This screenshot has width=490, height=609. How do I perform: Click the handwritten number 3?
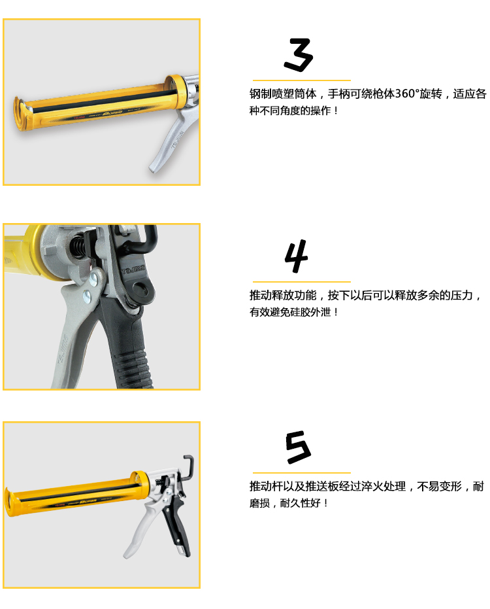click(299, 55)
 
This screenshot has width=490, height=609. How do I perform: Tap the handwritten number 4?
click(297, 256)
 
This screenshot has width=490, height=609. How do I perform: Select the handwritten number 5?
click(298, 447)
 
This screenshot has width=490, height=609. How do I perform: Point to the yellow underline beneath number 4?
click(301, 281)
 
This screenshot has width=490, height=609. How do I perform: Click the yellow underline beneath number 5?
click(301, 473)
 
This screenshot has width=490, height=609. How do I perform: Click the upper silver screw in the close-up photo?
click(93, 279)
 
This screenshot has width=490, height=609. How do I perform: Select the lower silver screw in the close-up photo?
click(88, 297)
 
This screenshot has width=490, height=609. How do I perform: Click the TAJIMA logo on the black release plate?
click(133, 269)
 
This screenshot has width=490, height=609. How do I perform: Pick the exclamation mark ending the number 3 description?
click(336, 111)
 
